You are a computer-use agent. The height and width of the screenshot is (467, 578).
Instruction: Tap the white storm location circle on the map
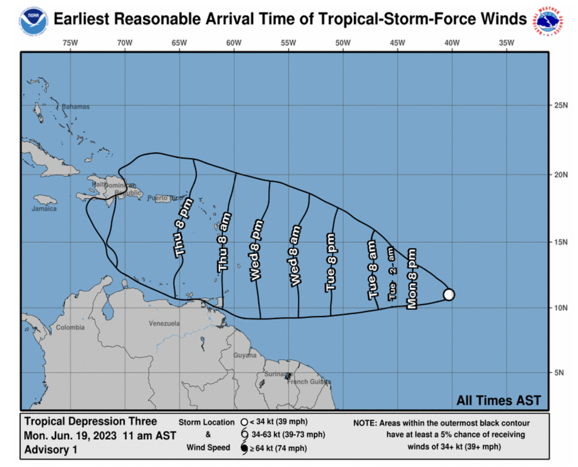pos(449,294)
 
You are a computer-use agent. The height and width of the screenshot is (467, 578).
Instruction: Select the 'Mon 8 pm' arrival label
pos(412,278)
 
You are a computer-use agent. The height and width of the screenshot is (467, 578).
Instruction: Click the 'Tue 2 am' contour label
pos(392,274)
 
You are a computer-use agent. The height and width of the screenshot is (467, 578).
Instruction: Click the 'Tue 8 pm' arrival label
pos(331,262)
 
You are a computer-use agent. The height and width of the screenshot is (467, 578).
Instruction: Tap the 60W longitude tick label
pos(234,43)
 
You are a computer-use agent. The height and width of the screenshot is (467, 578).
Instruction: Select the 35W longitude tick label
pos(506,43)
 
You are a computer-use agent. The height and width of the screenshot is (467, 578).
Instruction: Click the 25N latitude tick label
pos(561,105)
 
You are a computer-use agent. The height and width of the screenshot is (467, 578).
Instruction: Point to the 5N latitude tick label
pos(559,373)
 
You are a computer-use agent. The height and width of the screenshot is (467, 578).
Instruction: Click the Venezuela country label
pos(164,323)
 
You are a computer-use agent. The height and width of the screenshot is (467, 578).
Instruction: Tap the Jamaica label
pos(44,209)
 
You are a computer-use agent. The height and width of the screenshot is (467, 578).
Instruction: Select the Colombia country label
pos(70,327)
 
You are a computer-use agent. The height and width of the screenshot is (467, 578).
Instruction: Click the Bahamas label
pos(75,107)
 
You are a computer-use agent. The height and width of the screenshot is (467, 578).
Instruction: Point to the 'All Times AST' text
pos(498,400)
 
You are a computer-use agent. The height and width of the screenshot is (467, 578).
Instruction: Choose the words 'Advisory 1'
pos(50,450)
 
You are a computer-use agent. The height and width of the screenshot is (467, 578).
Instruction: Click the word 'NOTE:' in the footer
pos(365,423)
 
